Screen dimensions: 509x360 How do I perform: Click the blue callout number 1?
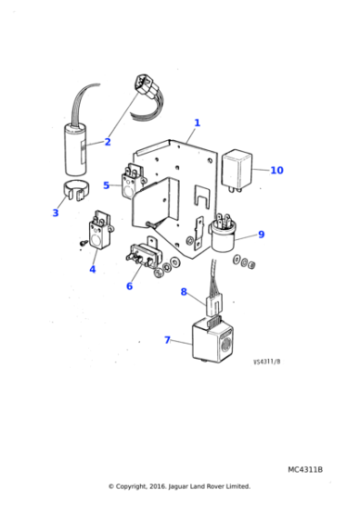[x=197, y=123]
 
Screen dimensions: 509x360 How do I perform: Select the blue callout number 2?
[x=107, y=142]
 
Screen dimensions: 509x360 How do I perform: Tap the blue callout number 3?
[x=55, y=213]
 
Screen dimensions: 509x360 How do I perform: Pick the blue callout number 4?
[x=92, y=269]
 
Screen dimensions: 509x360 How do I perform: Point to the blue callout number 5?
[x=106, y=185]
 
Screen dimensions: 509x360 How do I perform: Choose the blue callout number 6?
[x=129, y=285]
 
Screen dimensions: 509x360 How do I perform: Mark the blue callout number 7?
[x=166, y=340]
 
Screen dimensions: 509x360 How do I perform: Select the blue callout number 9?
[x=261, y=235]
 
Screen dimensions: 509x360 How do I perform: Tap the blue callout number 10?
[x=276, y=170]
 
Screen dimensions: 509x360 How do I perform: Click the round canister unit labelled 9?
[x=224, y=236]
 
